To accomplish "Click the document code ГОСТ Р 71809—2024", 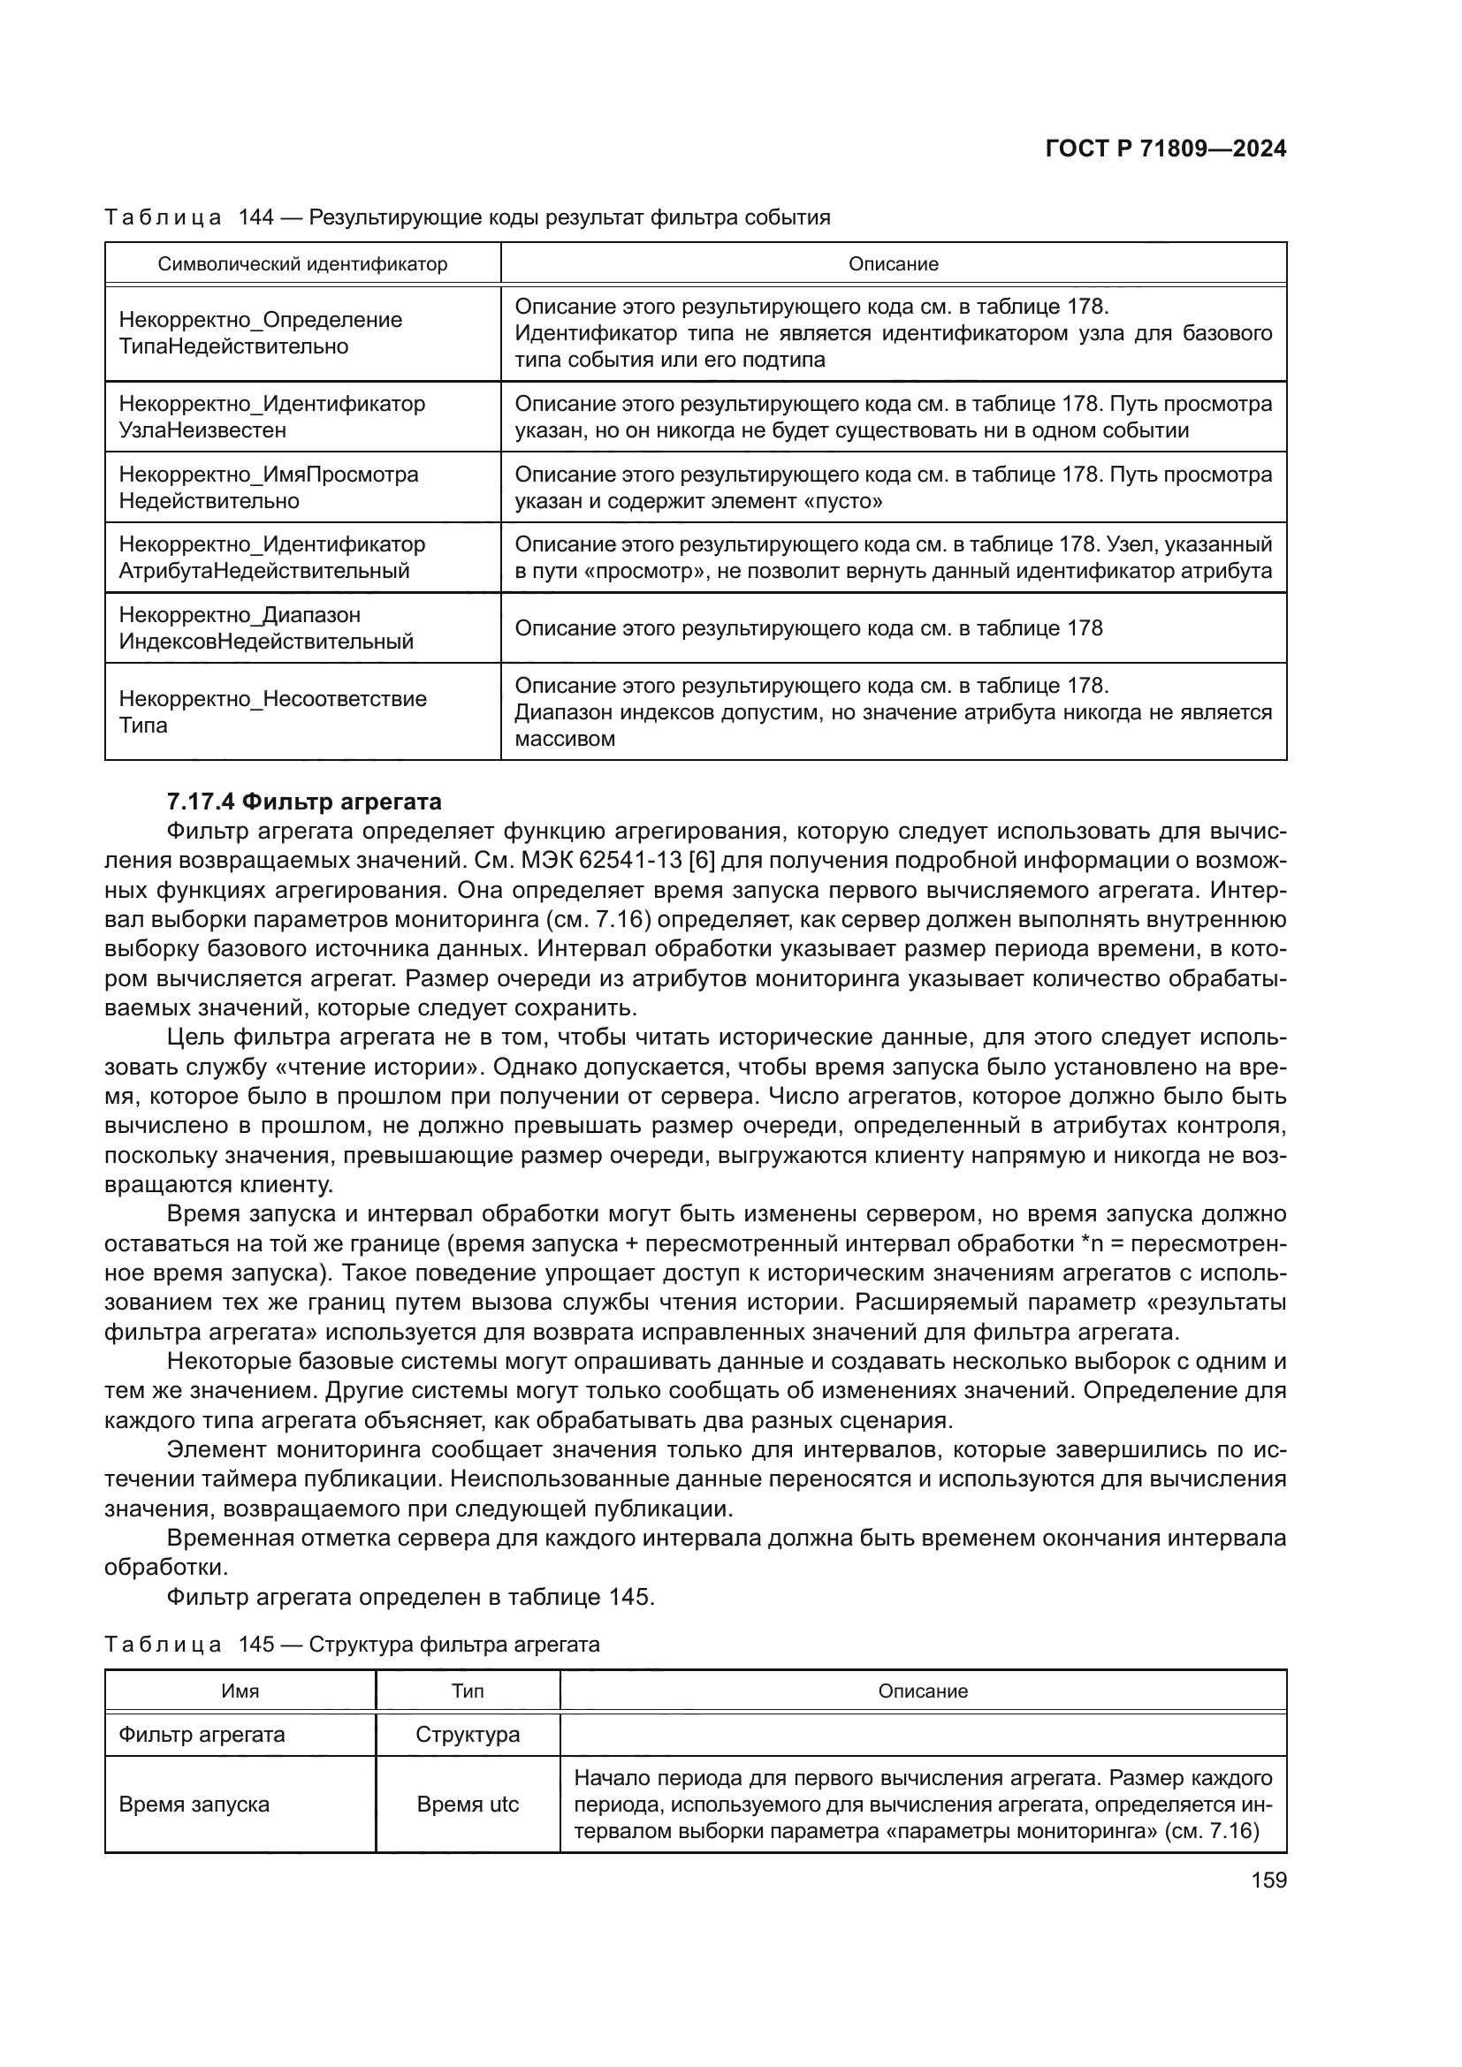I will [1165, 149].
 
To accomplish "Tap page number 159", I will [1268, 1880].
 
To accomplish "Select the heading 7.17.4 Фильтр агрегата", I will [304, 802].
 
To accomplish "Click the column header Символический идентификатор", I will [302, 263].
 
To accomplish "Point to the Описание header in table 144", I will [893, 263].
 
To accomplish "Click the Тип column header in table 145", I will [468, 1691].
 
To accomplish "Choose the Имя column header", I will [240, 1691].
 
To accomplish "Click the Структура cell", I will [468, 1734].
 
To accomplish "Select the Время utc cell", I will [468, 1805].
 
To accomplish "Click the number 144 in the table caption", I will [256, 217].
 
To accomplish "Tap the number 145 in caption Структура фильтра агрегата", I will [256, 1644].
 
